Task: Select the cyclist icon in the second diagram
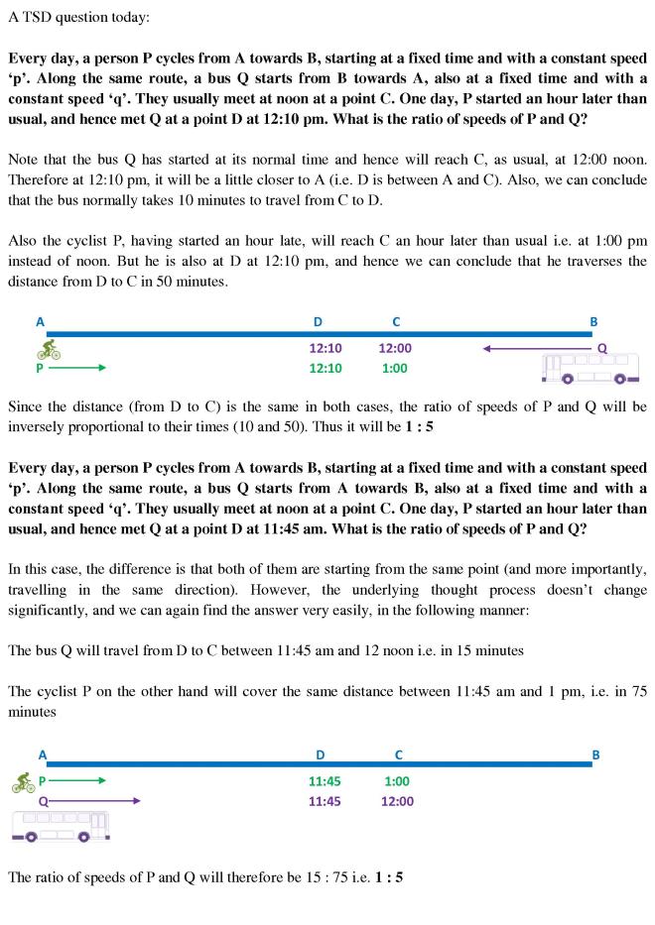(24, 783)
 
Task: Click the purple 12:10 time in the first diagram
(326, 349)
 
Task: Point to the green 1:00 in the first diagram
(397, 368)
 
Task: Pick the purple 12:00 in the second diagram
(397, 801)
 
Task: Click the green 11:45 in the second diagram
(325, 781)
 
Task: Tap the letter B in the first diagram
(593, 321)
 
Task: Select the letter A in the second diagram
(42, 754)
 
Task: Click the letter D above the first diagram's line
(318, 321)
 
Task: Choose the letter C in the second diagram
(398, 754)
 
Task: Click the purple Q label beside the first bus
(601, 349)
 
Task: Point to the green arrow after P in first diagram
(76, 368)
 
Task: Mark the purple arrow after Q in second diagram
(94, 801)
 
